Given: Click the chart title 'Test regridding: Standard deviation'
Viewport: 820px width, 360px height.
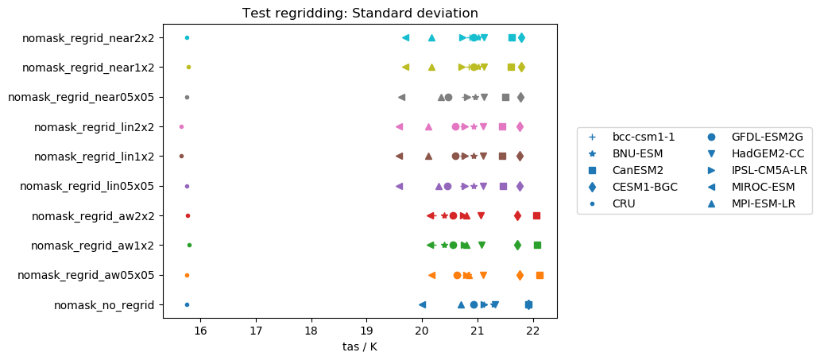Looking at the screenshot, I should click(x=360, y=13).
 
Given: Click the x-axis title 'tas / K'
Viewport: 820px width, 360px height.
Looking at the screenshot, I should click(x=360, y=346).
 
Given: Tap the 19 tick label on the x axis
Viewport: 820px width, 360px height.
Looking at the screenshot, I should click(x=366, y=331).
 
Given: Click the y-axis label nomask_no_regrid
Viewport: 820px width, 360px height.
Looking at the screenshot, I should click(x=104, y=305).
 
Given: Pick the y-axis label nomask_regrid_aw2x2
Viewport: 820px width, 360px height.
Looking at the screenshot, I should click(x=93, y=216).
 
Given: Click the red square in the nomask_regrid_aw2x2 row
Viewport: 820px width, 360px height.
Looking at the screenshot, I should click(x=536, y=215).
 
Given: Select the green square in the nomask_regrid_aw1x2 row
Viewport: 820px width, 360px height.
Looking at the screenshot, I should click(x=537, y=245).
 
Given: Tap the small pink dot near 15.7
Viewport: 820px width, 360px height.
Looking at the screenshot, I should click(x=181, y=126).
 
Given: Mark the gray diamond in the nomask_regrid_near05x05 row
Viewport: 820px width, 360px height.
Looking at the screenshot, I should click(x=520, y=97).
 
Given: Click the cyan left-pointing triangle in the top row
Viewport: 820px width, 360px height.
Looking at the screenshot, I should click(x=405, y=37).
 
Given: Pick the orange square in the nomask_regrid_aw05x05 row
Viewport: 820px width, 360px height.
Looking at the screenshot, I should click(x=540, y=275).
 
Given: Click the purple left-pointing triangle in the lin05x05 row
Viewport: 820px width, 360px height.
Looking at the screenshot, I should click(x=399, y=186).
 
